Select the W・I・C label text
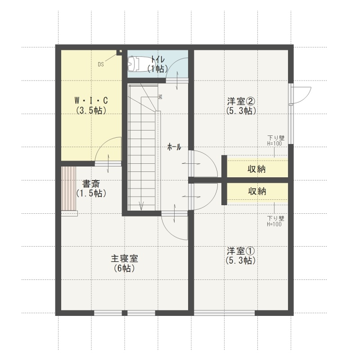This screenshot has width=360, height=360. click(91, 100)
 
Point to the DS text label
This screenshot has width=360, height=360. click(101, 64)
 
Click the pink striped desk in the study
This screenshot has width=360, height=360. click(68, 188)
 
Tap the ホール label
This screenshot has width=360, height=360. click(174, 147)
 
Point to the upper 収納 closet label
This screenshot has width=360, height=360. click(256, 169)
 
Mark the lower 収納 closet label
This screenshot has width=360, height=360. click(257, 191)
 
